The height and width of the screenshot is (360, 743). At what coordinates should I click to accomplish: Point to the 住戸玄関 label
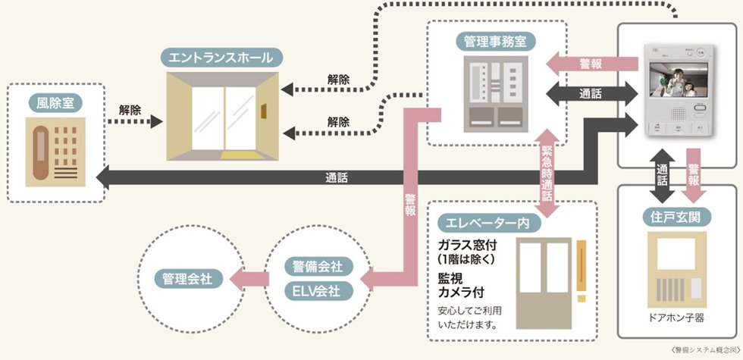tap(676, 217)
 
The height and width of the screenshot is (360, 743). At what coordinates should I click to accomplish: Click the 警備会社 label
tap(317, 267)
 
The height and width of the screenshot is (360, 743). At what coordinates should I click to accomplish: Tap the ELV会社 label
tap(317, 290)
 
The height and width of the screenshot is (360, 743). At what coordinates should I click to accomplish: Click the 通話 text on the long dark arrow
tap(337, 178)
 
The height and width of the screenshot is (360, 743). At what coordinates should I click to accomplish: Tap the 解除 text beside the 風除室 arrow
tap(130, 109)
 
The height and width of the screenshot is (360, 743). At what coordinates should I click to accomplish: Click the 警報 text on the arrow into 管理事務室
tap(591, 64)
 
